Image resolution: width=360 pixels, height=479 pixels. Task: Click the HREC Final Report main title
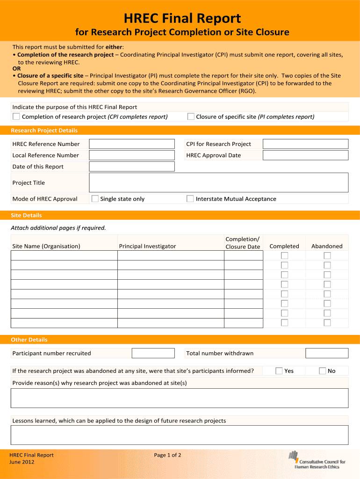182,19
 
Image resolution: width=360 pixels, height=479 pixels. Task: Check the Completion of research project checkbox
16,116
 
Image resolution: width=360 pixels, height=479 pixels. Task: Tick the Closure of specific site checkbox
191,116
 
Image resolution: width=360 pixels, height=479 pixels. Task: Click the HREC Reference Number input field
132,144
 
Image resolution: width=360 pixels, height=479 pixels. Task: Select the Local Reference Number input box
132,155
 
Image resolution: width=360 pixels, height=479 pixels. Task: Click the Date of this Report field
132,167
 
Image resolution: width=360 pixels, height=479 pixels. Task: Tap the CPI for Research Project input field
305,144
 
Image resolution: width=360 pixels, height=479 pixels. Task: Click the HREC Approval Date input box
305,155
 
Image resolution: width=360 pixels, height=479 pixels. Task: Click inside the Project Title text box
218,182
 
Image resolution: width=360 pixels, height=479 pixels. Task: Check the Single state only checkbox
95,199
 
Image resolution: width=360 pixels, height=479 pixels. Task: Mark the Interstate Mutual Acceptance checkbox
190,199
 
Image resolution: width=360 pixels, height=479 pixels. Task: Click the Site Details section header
26,215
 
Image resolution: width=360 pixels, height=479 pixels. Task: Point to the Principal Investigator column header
147,246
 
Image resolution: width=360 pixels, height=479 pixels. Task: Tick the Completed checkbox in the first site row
284,255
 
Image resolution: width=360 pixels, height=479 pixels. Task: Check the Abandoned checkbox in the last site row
327,323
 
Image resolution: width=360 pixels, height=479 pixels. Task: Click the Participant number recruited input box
153,353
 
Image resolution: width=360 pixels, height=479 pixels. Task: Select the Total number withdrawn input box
327,353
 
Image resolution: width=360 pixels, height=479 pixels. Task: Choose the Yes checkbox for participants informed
279,371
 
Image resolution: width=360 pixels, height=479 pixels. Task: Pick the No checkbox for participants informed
323,371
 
